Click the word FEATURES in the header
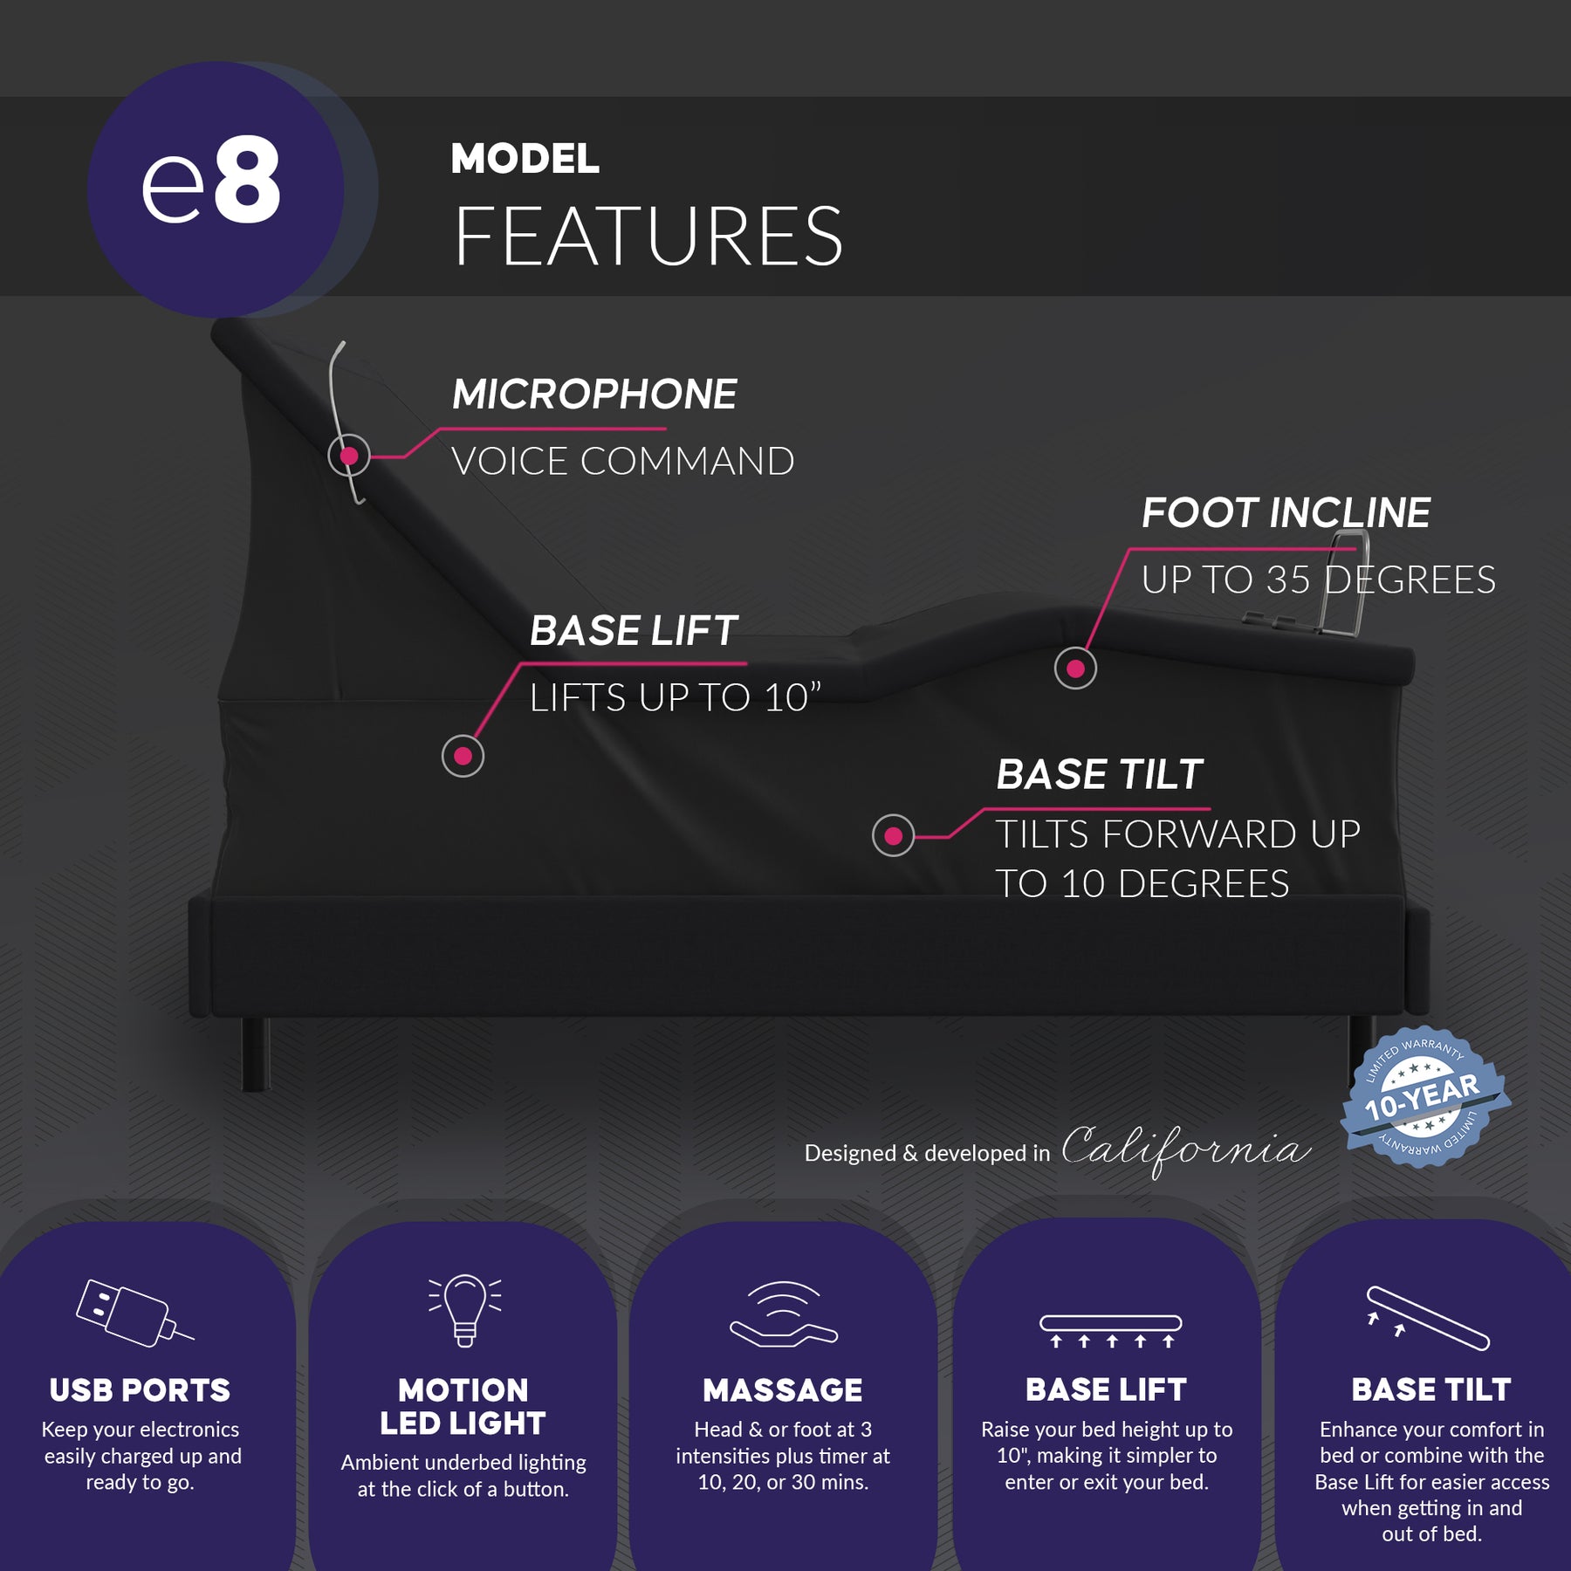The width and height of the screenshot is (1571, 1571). click(x=648, y=237)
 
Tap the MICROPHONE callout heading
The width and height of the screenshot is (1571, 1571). click(x=594, y=394)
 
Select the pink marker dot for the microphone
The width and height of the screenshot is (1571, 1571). click(x=349, y=456)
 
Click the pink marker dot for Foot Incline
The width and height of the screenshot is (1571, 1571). click(x=1075, y=669)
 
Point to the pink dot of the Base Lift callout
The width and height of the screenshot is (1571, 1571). click(x=463, y=756)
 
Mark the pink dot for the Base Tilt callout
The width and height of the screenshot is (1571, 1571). click(x=893, y=836)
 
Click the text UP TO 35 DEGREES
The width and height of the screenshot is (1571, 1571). click(x=1318, y=580)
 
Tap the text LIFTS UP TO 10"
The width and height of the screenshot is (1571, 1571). click(x=675, y=698)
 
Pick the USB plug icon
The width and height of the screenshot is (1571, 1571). click(x=131, y=1313)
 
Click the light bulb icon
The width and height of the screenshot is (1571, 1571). click(x=464, y=1309)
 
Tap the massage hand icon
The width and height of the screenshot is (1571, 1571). click(x=783, y=1314)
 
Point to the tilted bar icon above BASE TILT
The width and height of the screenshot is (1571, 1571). click(x=1428, y=1318)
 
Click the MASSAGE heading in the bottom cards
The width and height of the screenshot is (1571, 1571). click(x=783, y=1390)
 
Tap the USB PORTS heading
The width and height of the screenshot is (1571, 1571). click(x=140, y=1390)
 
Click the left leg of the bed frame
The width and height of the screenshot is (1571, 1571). click(x=255, y=1053)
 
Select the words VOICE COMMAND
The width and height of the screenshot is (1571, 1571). click(x=622, y=462)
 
